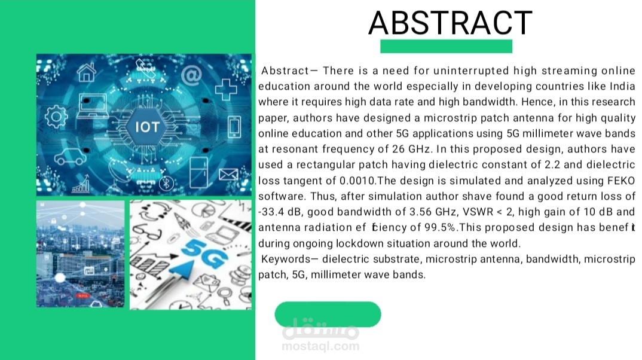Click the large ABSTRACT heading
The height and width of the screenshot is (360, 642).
click(450, 23)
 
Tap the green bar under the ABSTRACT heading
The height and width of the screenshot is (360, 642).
click(446, 46)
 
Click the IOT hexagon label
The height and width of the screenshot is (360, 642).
click(147, 127)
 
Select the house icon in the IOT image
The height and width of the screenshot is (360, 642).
click(87, 72)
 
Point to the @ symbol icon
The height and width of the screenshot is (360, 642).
click(191, 75)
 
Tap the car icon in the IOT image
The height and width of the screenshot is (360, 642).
click(69, 157)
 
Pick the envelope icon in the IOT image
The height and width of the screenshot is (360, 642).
click(228, 175)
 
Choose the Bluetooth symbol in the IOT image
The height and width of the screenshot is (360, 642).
click(168, 182)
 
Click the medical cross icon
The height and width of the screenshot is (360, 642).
click(226, 89)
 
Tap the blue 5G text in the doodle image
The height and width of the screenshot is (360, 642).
click(204, 256)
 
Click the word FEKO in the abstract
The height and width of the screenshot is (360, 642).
click(622, 181)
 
